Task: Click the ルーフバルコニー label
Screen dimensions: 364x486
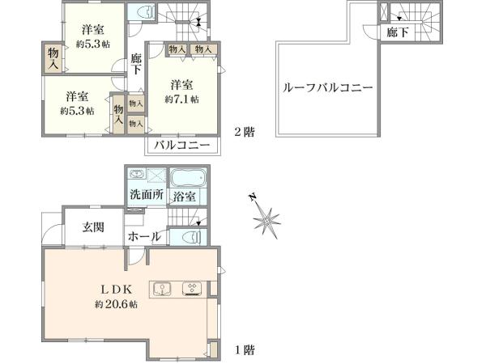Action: [x=328, y=88]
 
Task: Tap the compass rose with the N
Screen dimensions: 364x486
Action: [x=266, y=216]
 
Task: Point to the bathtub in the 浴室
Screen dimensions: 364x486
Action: [x=188, y=178]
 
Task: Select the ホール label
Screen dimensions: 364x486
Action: [x=143, y=238]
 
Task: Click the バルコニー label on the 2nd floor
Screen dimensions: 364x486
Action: [x=183, y=146]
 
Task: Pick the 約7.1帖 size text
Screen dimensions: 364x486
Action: [x=182, y=99]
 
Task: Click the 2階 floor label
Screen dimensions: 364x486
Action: [x=244, y=132]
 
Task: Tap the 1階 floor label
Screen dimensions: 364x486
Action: [x=245, y=350]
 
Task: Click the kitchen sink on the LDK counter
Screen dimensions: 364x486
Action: [x=162, y=288]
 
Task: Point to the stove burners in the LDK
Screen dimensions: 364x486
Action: [x=193, y=289]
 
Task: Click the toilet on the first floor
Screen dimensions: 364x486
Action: [x=191, y=238]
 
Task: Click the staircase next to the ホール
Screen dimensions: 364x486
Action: [x=186, y=219]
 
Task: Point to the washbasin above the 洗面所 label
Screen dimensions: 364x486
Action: [x=137, y=176]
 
